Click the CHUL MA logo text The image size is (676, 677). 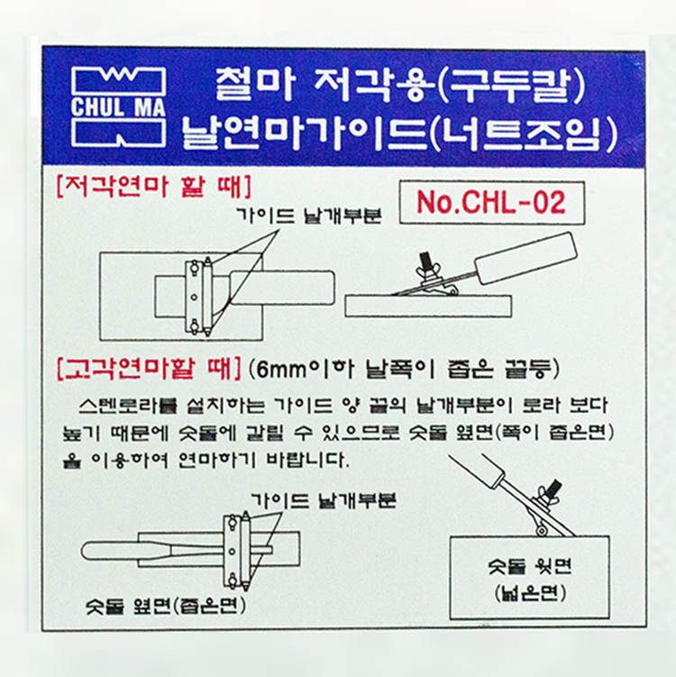click(x=118, y=107)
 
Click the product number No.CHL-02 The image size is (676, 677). click(x=491, y=202)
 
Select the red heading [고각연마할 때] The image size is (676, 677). click(x=149, y=370)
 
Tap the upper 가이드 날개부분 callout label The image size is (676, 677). click(x=308, y=215)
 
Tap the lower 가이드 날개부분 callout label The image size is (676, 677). click(x=323, y=500)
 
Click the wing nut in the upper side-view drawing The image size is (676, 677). click(x=426, y=269)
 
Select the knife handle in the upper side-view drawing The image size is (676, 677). click(x=525, y=258)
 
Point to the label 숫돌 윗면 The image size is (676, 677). click(x=529, y=565)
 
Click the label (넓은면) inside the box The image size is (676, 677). click(x=530, y=594)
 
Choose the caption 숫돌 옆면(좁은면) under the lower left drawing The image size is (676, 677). click(x=166, y=607)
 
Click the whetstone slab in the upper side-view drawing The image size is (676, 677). click(x=428, y=306)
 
